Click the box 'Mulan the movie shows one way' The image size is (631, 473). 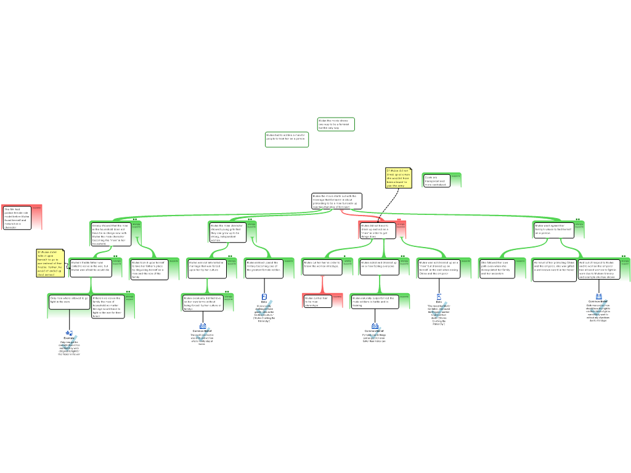336,124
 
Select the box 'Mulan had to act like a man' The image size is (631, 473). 287,139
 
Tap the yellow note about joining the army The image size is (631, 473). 398,178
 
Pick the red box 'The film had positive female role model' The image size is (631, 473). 17,218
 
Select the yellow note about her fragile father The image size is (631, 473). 50,263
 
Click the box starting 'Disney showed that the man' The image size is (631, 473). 111,234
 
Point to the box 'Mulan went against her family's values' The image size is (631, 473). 553,230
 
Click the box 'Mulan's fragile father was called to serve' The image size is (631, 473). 90,267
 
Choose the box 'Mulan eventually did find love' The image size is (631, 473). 203,303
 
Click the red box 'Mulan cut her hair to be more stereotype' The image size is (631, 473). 318,301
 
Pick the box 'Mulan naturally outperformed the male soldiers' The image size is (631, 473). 375,301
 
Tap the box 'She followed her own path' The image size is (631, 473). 502,269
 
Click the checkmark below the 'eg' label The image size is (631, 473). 70,344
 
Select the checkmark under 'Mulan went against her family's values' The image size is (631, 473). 598,308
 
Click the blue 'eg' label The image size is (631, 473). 70,333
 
